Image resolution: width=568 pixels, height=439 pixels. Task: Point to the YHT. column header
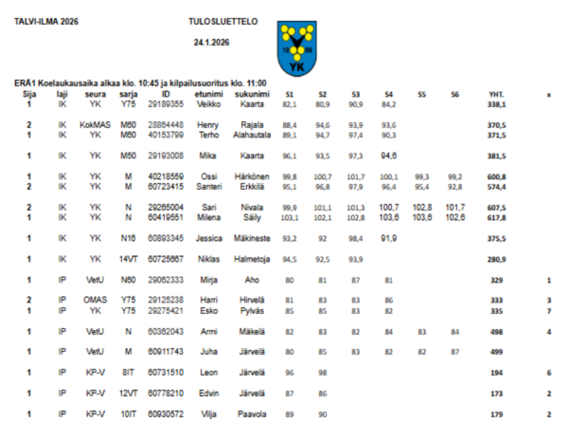click(496, 95)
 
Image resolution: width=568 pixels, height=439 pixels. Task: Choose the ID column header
click(166, 94)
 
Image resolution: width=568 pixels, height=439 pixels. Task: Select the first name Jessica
click(208, 238)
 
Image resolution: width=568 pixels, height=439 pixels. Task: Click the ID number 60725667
click(166, 259)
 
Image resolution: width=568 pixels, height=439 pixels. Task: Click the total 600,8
click(496, 176)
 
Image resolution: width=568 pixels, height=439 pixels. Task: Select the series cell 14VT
click(128, 259)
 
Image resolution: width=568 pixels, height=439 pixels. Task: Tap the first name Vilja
click(208, 414)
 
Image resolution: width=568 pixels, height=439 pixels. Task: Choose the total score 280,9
click(496, 259)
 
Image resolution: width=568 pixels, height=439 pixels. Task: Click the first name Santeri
click(208, 186)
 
